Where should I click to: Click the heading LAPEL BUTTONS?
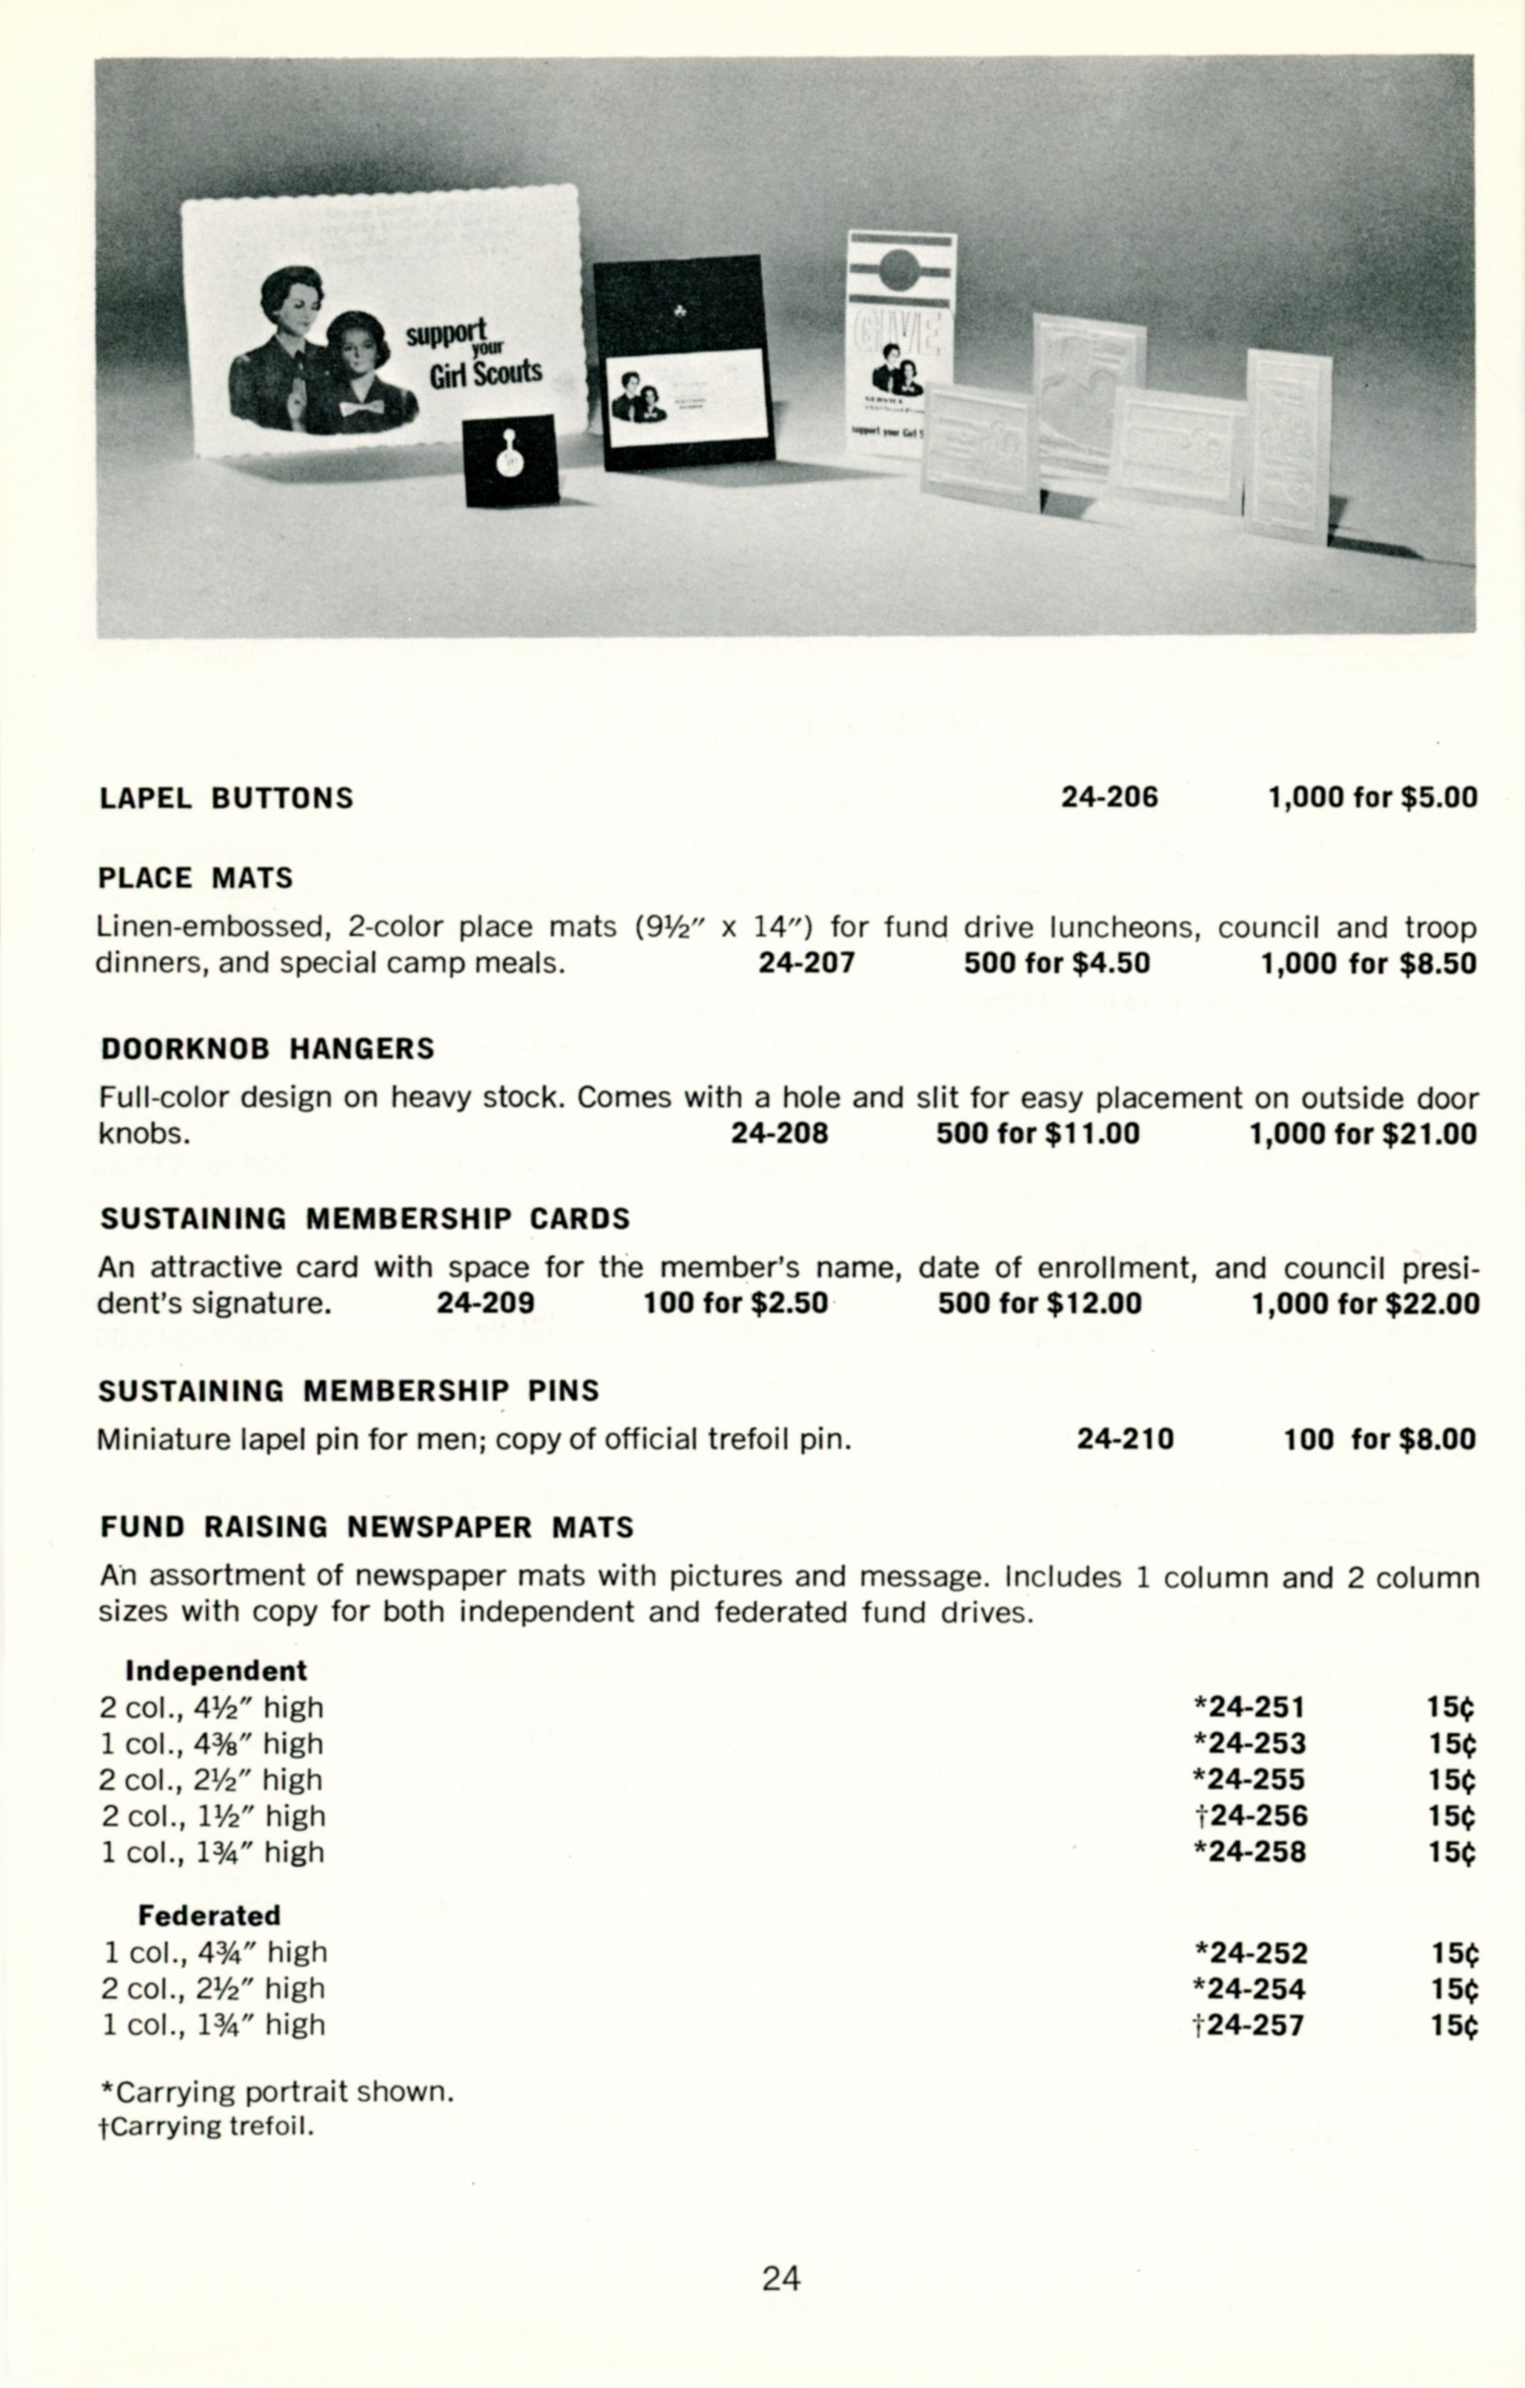pos(226,799)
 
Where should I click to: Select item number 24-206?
pos(1109,798)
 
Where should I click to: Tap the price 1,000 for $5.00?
pos(1373,798)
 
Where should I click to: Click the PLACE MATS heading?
pos(195,878)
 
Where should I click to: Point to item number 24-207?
pos(806,963)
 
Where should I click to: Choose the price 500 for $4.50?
pos(1056,963)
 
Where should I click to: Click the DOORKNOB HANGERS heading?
pos(268,1048)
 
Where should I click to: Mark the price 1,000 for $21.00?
pos(1362,1134)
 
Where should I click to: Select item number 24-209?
pos(485,1303)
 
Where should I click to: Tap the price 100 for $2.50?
pos(734,1303)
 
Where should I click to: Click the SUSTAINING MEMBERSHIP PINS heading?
pos(349,1390)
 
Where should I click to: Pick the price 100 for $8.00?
pos(1379,1439)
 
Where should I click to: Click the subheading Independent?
pos(216,1671)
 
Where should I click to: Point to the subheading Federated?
pos(210,1915)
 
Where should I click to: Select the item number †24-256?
pos(1251,1816)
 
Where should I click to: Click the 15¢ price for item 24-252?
pos(1455,1953)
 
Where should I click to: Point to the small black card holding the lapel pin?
pos(512,461)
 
